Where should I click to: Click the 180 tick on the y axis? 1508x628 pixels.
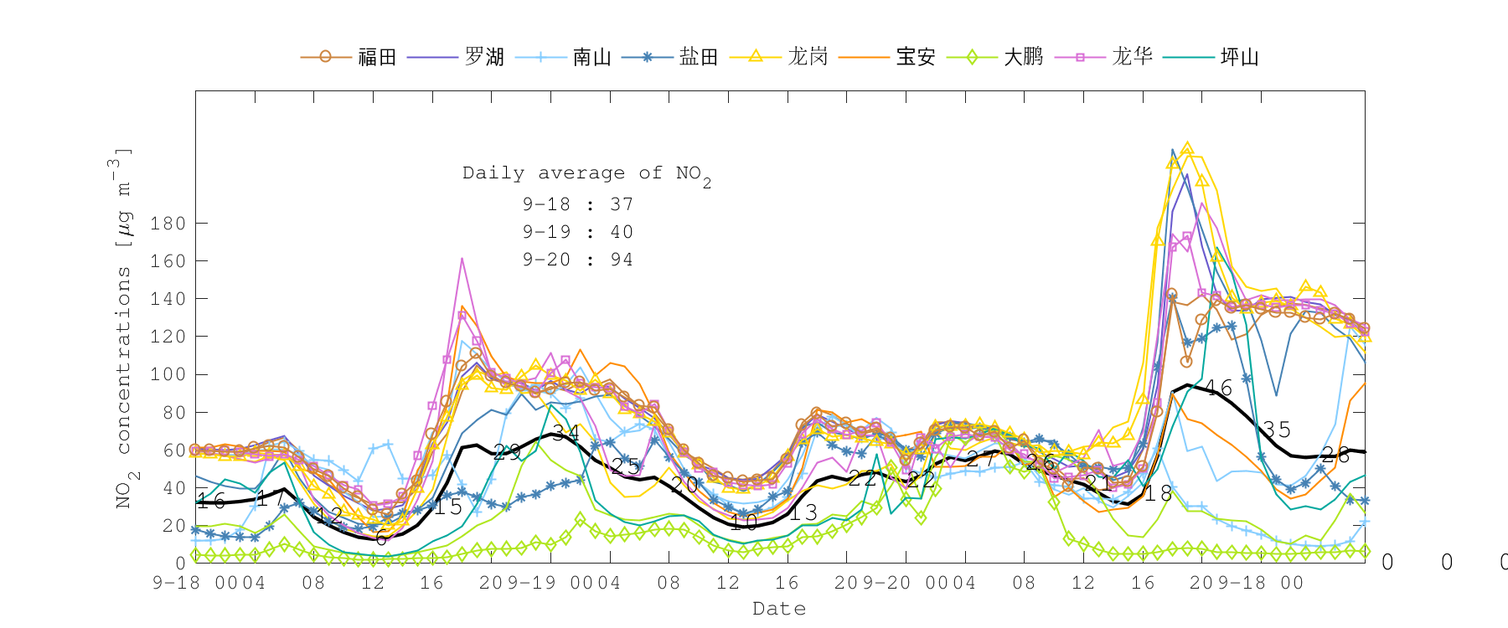(168, 224)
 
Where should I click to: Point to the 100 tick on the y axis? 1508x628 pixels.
(168, 374)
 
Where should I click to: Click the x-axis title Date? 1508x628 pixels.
(779, 609)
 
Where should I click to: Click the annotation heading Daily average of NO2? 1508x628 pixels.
(586, 174)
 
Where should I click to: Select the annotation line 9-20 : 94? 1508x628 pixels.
(578, 260)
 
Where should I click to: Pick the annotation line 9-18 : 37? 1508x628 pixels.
(578, 204)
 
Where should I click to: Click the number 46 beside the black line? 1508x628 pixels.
(1218, 388)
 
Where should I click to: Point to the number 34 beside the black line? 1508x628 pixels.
(565, 433)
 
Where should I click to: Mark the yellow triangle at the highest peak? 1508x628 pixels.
(1187, 149)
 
